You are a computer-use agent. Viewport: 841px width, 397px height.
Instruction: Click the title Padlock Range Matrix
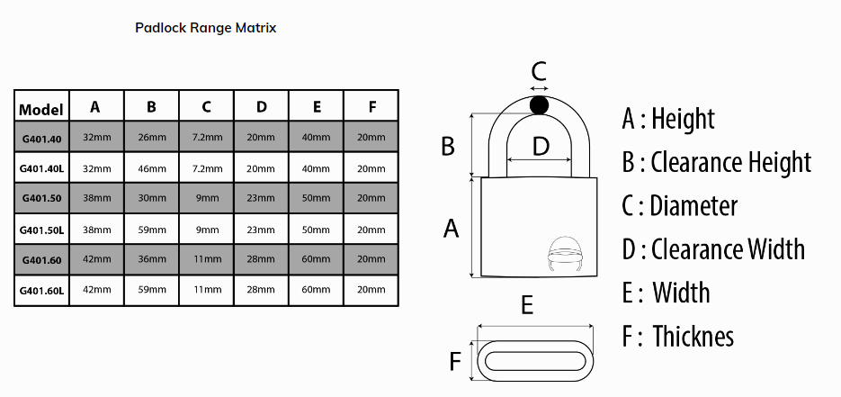tap(205, 28)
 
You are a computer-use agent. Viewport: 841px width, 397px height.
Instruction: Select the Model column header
tap(41, 110)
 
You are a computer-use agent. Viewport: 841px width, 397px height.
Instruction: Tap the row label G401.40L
tap(42, 168)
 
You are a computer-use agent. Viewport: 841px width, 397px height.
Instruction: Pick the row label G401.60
tap(42, 260)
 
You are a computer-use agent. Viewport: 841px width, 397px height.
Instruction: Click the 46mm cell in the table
tap(152, 168)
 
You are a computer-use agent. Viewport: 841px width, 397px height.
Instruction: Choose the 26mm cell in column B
tap(152, 138)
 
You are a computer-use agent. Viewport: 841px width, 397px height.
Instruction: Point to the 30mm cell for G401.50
tap(152, 198)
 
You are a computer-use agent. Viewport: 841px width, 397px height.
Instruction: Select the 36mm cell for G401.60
tap(152, 259)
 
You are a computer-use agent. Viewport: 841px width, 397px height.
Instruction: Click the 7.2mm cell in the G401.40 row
tap(207, 138)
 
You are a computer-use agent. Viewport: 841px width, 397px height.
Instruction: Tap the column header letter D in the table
tap(261, 107)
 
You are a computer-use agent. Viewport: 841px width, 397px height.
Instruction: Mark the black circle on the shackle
tap(539, 105)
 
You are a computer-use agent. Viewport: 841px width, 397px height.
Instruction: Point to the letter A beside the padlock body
tap(451, 229)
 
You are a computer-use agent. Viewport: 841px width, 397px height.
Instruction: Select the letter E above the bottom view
tap(527, 305)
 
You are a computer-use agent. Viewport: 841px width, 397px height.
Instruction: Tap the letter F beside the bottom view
tap(455, 361)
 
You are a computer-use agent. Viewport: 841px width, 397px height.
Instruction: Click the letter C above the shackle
tap(539, 71)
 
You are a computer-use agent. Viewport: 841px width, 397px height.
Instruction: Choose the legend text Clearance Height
tap(731, 162)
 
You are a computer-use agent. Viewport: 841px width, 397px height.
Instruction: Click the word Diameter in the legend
tap(694, 206)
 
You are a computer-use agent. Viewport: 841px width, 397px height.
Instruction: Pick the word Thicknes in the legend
tap(693, 337)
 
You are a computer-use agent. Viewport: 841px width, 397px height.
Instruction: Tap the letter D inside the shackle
tap(541, 146)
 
